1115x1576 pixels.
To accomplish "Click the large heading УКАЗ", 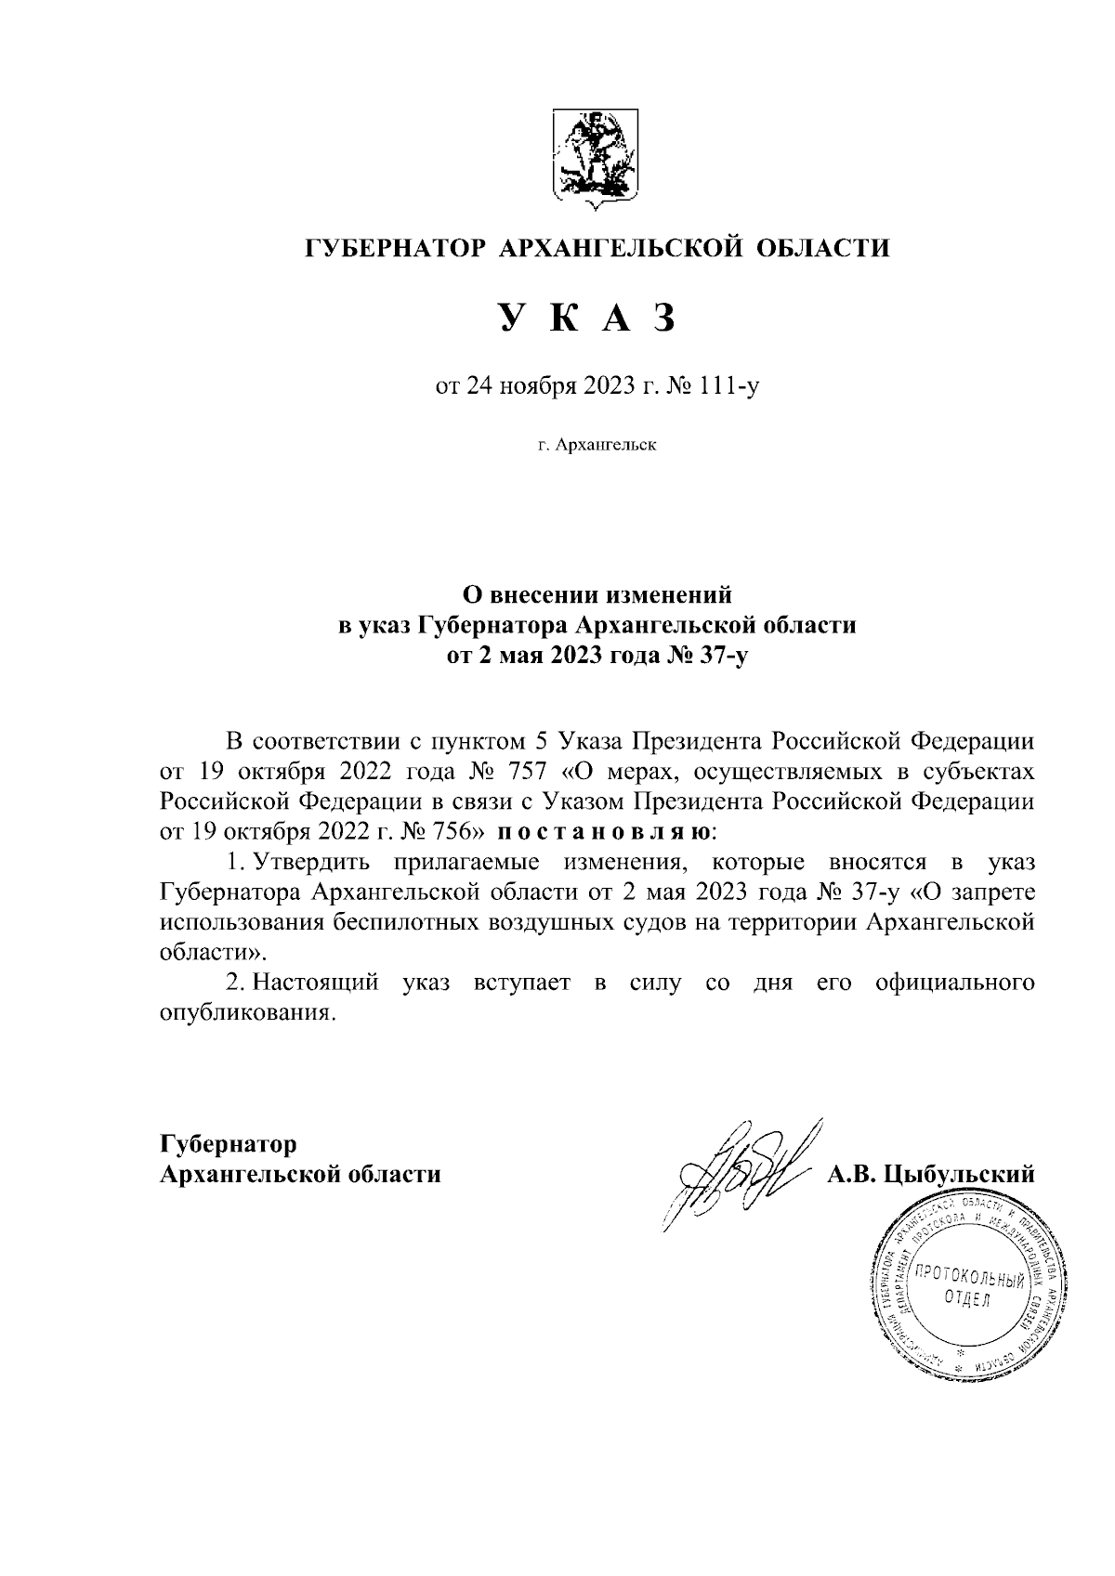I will coord(584,318).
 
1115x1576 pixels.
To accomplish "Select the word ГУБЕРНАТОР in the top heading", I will coord(397,248).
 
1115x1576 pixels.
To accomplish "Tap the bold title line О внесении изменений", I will coord(597,593).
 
